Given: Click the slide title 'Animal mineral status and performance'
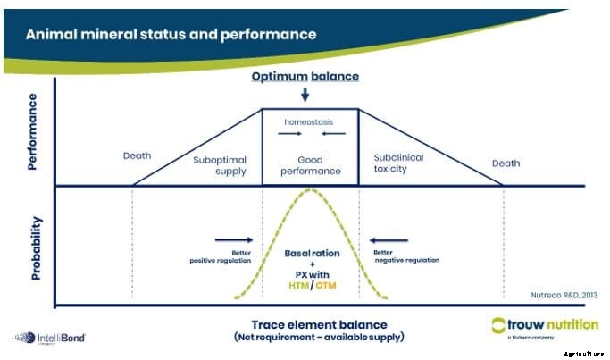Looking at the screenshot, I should click(x=171, y=35).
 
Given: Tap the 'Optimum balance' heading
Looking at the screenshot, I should click(x=305, y=76).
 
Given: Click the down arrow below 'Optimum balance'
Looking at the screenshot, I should click(x=305, y=94).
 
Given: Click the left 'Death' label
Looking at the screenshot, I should click(x=137, y=155).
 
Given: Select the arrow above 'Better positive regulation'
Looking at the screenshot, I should click(x=234, y=239).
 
